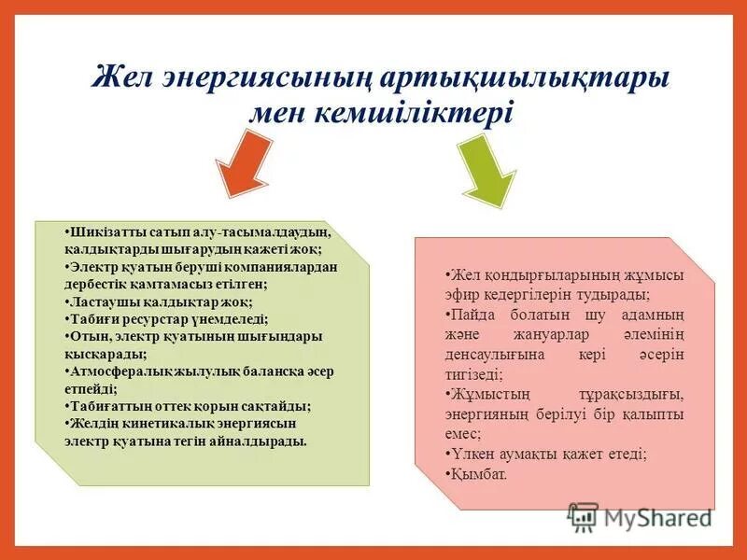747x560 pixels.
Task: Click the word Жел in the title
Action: pos(122,77)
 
